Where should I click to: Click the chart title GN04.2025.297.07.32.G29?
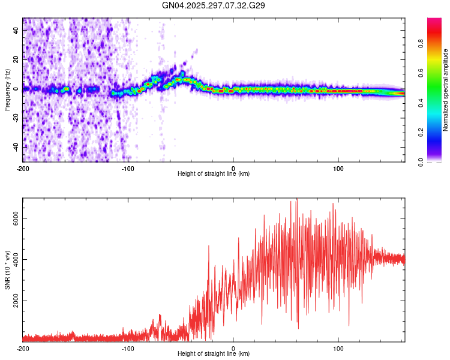click(x=214, y=5)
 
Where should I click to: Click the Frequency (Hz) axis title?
click(x=7, y=90)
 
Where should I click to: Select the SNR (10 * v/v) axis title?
click(x=7, y=270)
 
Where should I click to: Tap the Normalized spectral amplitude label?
click(x=445, y=90)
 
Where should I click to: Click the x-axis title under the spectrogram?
click(x=214, y=173)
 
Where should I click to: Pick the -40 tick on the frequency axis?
click(x=16, y=147)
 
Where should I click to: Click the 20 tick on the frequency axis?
click(x=17, y=59)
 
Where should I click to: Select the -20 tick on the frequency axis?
click(x=16, y=118)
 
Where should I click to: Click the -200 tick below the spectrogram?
click(x=23, y=168)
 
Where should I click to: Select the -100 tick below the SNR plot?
click(x=127, y=348)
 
